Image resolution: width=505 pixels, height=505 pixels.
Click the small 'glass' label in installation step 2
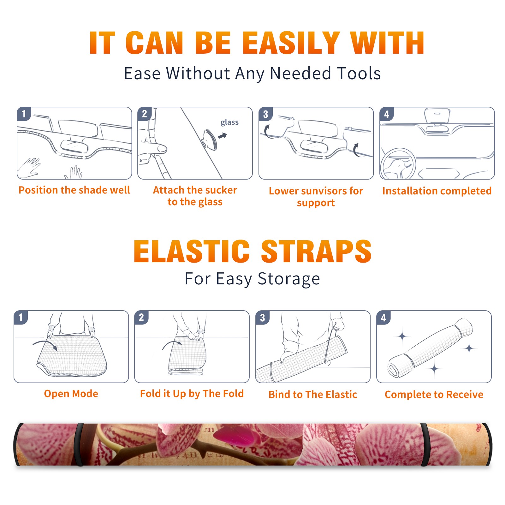point(229,122)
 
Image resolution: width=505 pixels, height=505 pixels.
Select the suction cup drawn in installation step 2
point(210,140)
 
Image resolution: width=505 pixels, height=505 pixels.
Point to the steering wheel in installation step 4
point(398,164)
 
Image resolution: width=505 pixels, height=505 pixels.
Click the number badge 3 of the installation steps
point(265,114)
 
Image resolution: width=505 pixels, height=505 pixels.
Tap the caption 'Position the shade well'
point(74,190)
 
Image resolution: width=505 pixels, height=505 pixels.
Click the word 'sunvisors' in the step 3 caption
point(320,191)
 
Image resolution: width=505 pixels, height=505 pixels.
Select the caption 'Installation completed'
point(437,191)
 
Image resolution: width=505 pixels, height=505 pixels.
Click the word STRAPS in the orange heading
point(316,251)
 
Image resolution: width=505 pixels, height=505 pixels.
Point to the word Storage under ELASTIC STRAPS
point(289,279)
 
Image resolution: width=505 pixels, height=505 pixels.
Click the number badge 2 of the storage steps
point(141,317)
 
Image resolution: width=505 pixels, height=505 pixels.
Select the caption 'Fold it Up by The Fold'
point(192,394)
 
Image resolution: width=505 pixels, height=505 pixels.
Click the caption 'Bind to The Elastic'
point(313,395)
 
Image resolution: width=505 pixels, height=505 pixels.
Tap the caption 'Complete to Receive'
point(434,395)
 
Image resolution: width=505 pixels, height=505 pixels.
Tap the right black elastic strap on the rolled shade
point(425,444)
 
